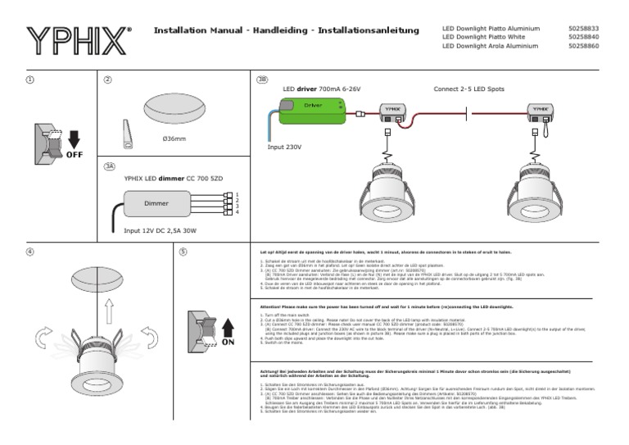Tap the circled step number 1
[x=30, y=79]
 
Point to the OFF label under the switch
[x=75, y=153]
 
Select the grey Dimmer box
[x=156, y=202]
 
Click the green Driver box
[x=313, y=108]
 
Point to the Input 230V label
[x=285, y=148]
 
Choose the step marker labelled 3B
[x=262, y=79]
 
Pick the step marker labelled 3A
[x=109, y=166]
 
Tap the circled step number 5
[x=183, y=252]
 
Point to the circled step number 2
[x=107, y=79]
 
